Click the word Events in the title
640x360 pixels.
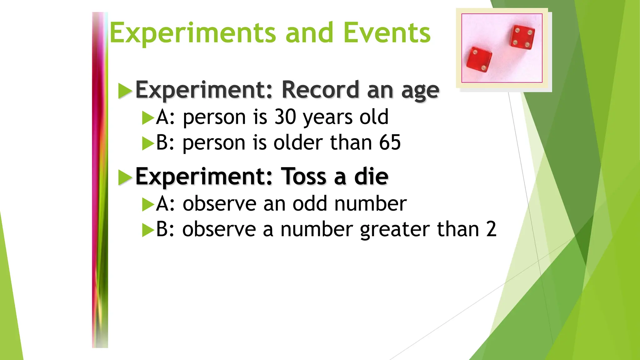coord(387,33)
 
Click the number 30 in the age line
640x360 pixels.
coord(285,117)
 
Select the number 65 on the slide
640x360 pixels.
coord(390,143)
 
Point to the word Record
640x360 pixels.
coord(320,90)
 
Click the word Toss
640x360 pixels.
coord(304,177)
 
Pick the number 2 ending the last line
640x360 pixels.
coord(491,229)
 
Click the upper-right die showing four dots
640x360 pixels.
coord(522,37)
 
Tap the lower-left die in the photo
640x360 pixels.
coord(479,60)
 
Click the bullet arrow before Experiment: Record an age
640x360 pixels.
coord(125,91)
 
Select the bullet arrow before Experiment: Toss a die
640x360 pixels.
coord(125,178)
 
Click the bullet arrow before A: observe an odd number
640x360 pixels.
coord(148,205)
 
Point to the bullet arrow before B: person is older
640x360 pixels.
coord(148,144)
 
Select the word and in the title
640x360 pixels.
coord(309,33)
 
